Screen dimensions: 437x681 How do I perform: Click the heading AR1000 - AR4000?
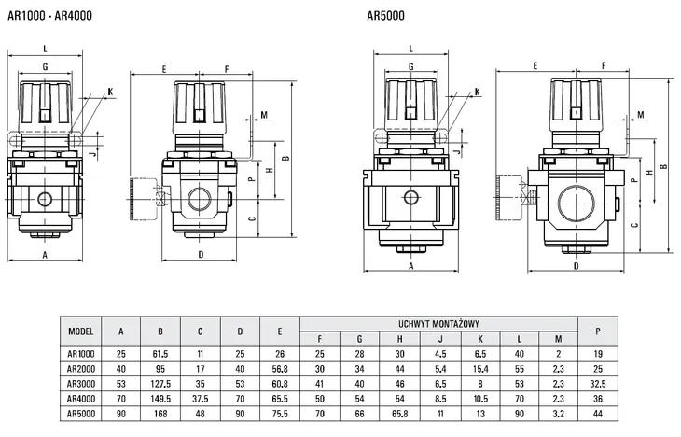tap(47, 13)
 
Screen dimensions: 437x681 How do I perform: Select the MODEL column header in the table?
tap(81, 331)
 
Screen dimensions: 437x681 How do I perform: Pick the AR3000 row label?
tap(81, 382)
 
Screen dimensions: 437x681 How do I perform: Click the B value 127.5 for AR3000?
tap(160, 382)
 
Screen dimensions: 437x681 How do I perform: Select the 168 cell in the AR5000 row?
tap(160, 412)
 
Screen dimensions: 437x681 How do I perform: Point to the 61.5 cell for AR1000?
tap(160, 353)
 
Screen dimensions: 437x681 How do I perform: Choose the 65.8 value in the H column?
tap(399, 412)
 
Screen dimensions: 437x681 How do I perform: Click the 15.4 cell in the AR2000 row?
tap(479, 368)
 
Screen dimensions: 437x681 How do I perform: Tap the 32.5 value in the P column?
tap(598, 382)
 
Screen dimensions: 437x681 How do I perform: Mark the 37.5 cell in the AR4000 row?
tap(200, 397)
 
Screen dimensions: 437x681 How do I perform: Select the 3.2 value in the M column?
tap(558, 412)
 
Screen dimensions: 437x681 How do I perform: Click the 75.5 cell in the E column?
tap(279, 412)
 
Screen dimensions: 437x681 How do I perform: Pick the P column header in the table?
tap(598, 331)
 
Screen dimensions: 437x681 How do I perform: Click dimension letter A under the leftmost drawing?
tap(45, 252)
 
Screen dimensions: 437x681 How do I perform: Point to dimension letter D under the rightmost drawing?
tap(576, 265)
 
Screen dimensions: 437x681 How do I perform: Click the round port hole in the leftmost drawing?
tap(45, 199)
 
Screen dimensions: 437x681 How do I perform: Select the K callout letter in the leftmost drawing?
tap(110, 91)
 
